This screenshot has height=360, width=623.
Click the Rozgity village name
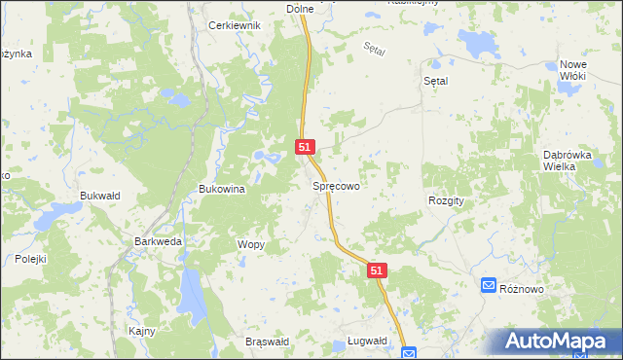446,199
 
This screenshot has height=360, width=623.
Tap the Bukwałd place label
99,196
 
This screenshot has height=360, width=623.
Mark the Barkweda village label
158,240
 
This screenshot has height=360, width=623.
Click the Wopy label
250,244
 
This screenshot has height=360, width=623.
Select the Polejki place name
30,259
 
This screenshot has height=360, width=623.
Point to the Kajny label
142,331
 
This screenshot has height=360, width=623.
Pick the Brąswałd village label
267,342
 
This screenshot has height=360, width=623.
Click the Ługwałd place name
367,341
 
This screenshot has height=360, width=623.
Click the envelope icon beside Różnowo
489,285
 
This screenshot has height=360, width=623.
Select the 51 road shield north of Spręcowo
305,147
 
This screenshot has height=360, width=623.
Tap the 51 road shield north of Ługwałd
379,272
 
